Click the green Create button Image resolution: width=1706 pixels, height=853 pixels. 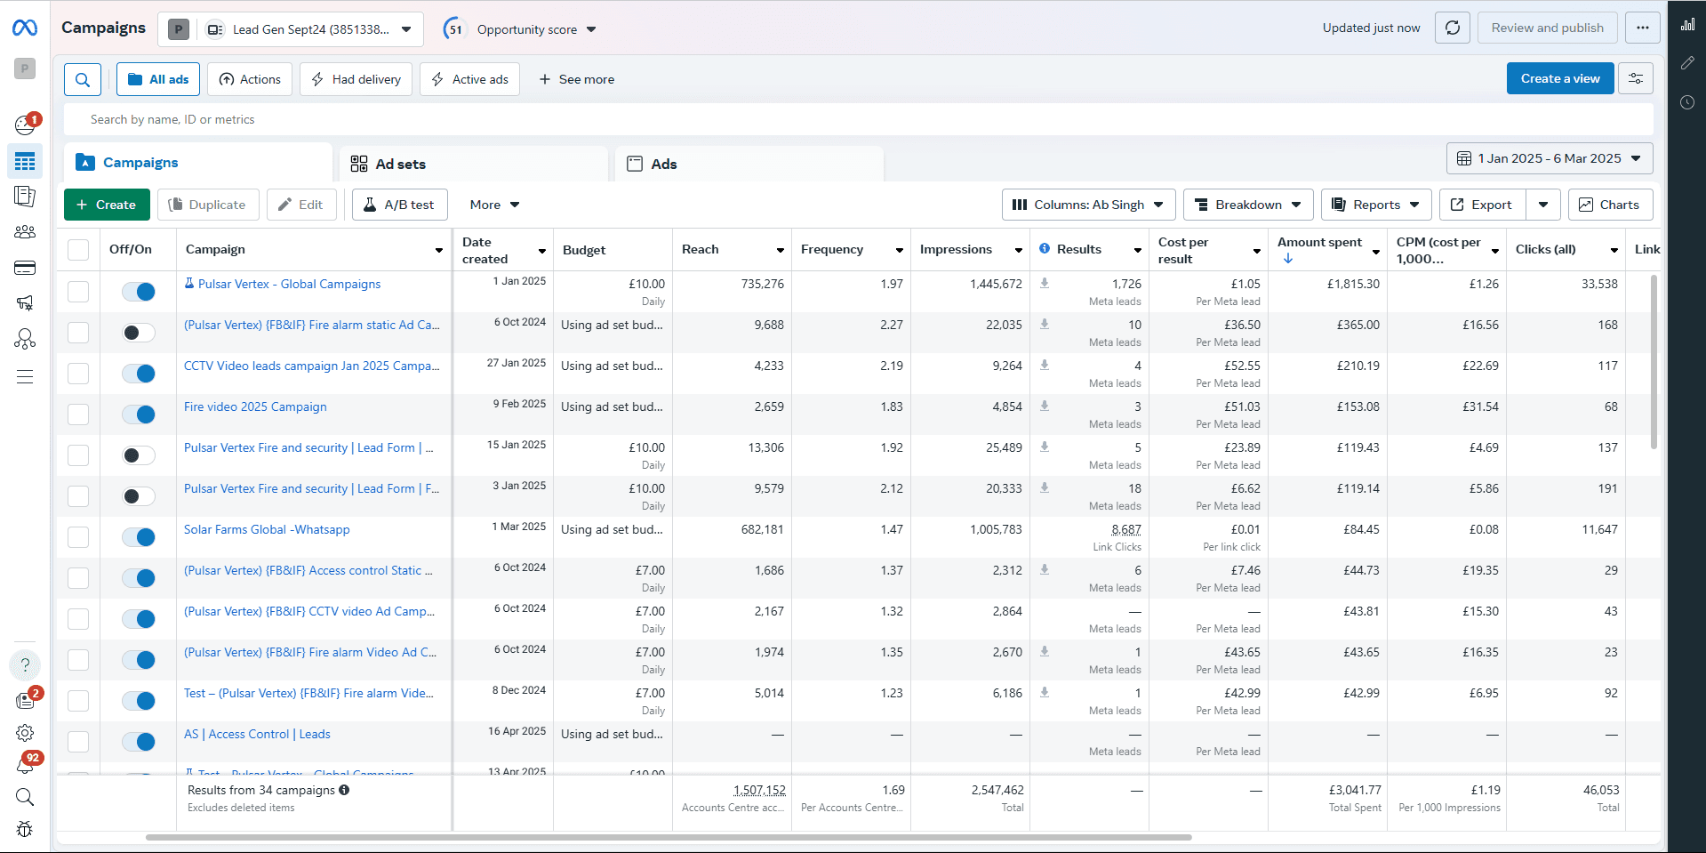click(x=107, y=205)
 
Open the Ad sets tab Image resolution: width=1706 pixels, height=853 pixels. click(x=400, y=165)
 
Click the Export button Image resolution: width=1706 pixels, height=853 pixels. click(x=1482, y=205)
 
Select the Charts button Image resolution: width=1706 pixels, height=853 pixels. click(x=1609, y=205)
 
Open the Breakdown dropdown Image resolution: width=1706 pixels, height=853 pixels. click(x=1247, y=205)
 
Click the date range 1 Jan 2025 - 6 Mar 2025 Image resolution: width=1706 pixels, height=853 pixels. click(x=1549, y=158)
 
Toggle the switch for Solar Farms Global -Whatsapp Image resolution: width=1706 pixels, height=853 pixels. click(x=139, y=537)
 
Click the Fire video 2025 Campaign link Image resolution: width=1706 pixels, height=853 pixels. click(x=255, y=406)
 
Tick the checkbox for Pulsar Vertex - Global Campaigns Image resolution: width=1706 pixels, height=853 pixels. click(x=78, y=292)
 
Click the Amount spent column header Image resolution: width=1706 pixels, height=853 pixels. click(x=1319, y=242)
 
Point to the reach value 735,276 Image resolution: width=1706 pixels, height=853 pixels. click(x=762, y=284)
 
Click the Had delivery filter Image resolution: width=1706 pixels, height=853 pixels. click(x=356, y=79)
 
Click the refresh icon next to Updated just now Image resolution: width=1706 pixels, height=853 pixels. click(x=1452, y=28)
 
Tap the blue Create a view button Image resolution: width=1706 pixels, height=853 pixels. click(x=1559, y=78)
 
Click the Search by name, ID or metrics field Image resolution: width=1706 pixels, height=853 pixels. click(x=533, y=119)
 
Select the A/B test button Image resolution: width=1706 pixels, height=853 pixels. click(x=399, y=205)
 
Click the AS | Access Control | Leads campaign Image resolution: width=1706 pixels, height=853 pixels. click(x=257, y=734)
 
